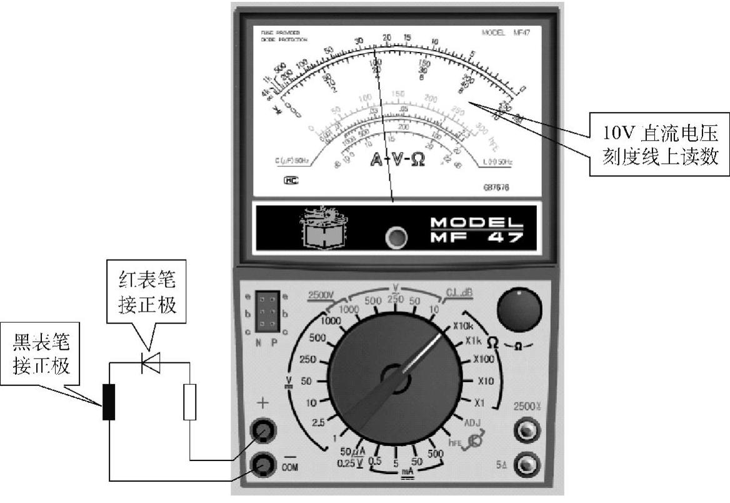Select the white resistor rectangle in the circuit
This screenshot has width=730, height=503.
(190, 402)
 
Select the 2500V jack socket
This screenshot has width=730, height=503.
(525, 431)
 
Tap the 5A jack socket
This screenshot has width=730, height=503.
(525, 465)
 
